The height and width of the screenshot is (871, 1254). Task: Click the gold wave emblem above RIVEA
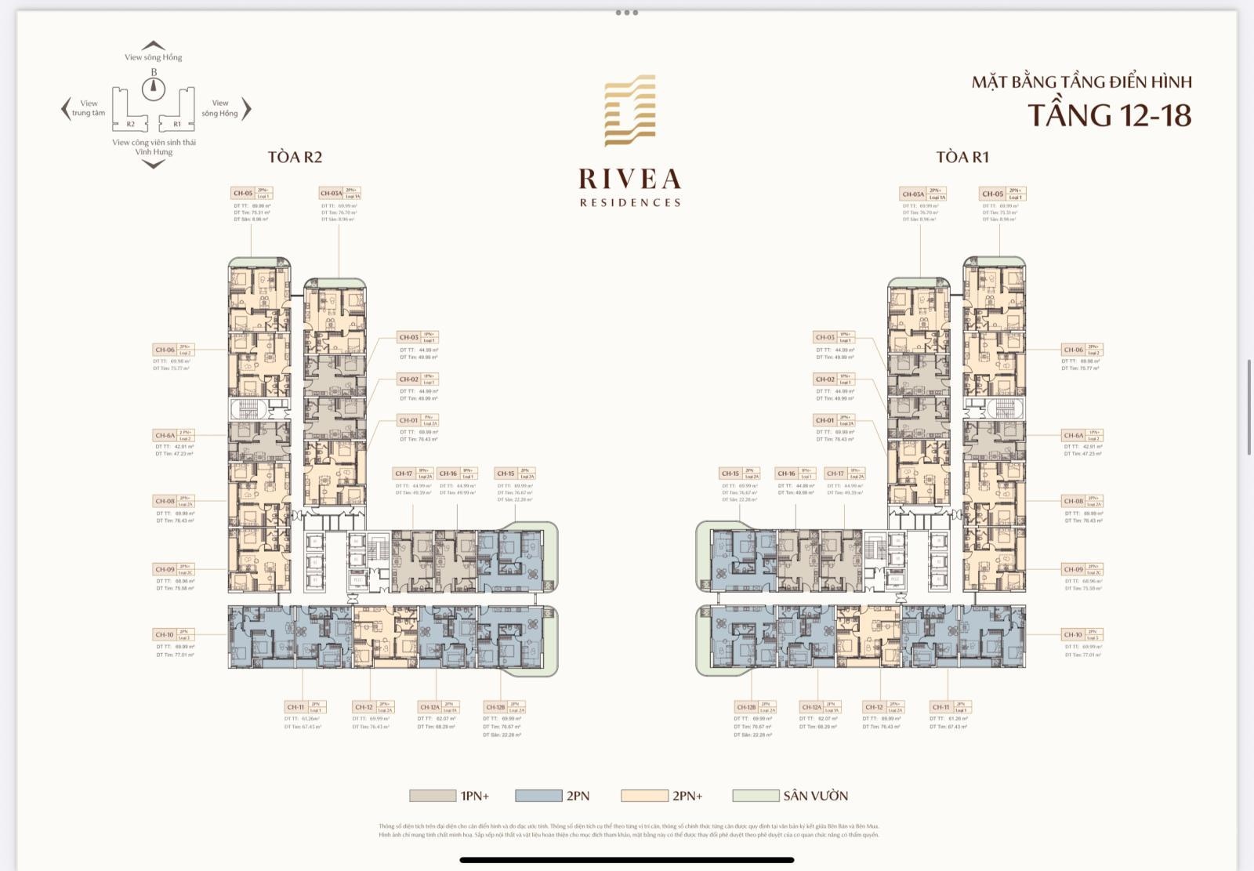[x=629, y=111]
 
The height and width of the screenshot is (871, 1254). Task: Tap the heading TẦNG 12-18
[x=1109, y=115]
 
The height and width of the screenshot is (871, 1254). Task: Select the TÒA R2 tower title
[x=295, y=158]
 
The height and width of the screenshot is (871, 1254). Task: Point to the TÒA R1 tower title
[x=962, y=158]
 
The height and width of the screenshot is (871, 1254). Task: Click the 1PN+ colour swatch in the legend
[x=432, y=796]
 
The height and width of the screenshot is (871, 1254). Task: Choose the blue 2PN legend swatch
[x=538, y=796]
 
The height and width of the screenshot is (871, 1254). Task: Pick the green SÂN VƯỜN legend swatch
[x=756, y=796]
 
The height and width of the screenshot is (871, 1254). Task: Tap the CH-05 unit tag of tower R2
[x=243, y=193]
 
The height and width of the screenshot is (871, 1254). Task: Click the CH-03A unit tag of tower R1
[x=913, y=194]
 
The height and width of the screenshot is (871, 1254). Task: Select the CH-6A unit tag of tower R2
[x=165, y=435]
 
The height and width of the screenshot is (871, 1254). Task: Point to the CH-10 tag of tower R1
[x=1073, y=634]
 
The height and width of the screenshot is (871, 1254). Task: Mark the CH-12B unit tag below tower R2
[x=495, y=707]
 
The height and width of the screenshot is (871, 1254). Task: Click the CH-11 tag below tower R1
[x=940, y=707]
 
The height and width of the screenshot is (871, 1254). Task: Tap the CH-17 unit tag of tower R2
[x=404, y=474]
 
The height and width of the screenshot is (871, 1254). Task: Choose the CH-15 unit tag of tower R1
[x=730, y=474]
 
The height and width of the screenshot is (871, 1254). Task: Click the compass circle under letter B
[x=154, y=88]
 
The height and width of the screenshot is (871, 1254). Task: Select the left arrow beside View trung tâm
[x=66, y=108]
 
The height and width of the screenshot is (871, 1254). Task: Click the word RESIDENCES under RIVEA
[x=630, y=202]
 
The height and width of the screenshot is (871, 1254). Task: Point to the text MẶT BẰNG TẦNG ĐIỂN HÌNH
[x=1082, y=82]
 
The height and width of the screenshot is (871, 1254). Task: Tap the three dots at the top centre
[x=627, y=13]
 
